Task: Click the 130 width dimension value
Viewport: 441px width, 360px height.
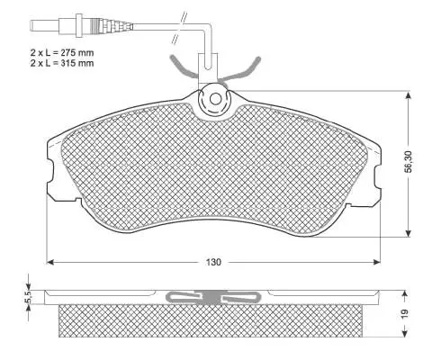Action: (213, 262)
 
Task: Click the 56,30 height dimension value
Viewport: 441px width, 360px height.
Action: (409, 162)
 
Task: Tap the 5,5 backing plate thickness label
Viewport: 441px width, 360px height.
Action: (29, 297)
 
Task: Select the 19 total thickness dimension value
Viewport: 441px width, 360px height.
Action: (405, 314)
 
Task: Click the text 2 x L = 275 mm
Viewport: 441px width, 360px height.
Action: (62, 53)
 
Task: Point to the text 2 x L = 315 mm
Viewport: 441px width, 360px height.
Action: (62, 63)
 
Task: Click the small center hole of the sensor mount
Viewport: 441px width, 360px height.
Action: (215, 99)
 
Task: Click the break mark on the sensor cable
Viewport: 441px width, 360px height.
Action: (180, 28)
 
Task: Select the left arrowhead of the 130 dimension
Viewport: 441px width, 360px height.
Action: (50, 262)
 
